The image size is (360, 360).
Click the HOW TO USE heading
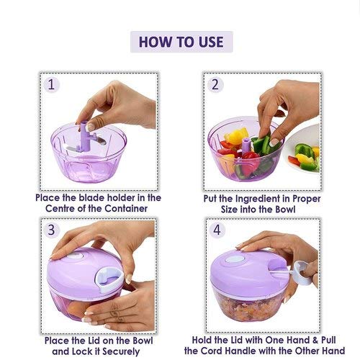click(x=181, y=42)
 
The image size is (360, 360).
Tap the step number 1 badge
click(x=51, y=85)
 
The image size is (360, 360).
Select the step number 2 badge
click(x=215, y=85)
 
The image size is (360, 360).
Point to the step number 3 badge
click(x=51, y=230)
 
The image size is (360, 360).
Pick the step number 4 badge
click(x=217, y=230)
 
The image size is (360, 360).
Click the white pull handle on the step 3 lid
click(x=109, y=279)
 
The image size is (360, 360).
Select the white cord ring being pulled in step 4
click(x=303, y=273)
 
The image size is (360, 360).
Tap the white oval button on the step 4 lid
click(x=235, y=259)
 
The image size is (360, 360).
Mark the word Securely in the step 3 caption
click(x=121, y=351)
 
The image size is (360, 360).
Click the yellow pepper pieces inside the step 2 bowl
click(x=235, y=136)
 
